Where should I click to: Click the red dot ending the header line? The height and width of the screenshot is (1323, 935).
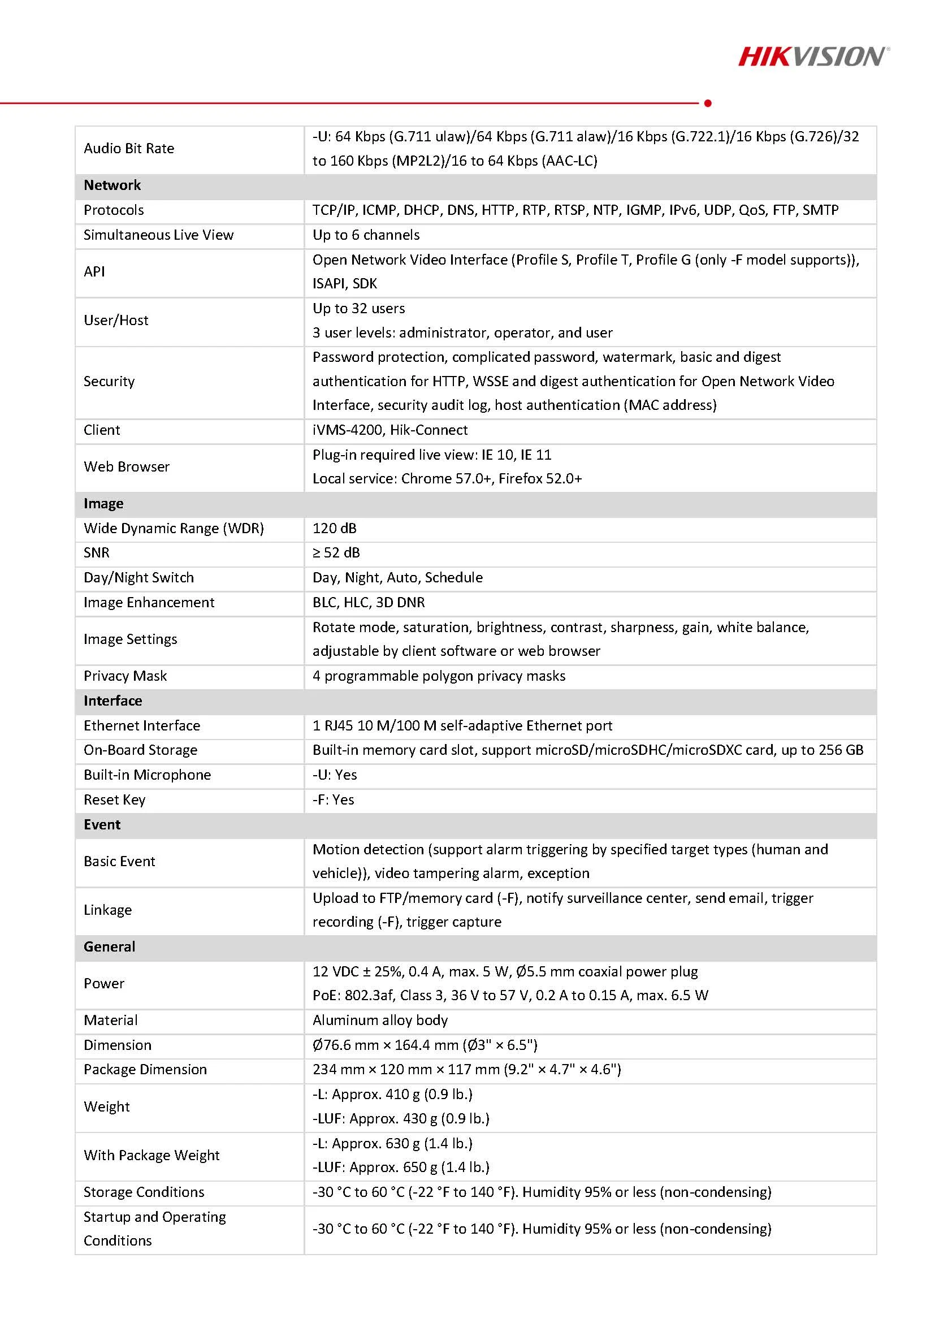[708, 103]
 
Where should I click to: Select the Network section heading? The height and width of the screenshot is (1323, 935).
[112, 185]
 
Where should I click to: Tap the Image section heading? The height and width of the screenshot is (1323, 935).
[103, 504]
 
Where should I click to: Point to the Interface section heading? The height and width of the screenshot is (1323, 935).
[113, 701]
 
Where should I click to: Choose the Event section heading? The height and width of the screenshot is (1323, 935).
[102, 824]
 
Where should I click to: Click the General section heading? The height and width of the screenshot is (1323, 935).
[110, 946]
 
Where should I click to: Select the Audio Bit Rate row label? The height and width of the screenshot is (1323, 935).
[129, 149]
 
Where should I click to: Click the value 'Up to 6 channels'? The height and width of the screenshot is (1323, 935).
[366, 235]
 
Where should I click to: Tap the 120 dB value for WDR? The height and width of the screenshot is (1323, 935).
[335, 529]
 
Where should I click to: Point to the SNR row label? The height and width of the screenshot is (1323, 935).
[97, 553]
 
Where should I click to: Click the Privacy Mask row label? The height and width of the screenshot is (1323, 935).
[125, 676]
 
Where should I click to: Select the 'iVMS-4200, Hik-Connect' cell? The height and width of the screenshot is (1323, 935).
[390, 430]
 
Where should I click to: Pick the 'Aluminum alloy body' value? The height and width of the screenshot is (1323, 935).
[380, 1021]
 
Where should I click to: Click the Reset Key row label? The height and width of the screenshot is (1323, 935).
[115, 800]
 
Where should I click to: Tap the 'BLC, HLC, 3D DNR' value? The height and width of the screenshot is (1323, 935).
[369, 603]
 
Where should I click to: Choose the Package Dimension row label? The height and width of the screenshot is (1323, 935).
[145, 1070]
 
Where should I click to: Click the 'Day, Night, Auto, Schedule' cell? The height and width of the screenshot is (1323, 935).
[397, 578]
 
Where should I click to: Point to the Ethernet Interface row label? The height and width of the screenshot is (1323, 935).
[142, 725]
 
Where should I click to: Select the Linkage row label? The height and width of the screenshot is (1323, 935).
[108, 910]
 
